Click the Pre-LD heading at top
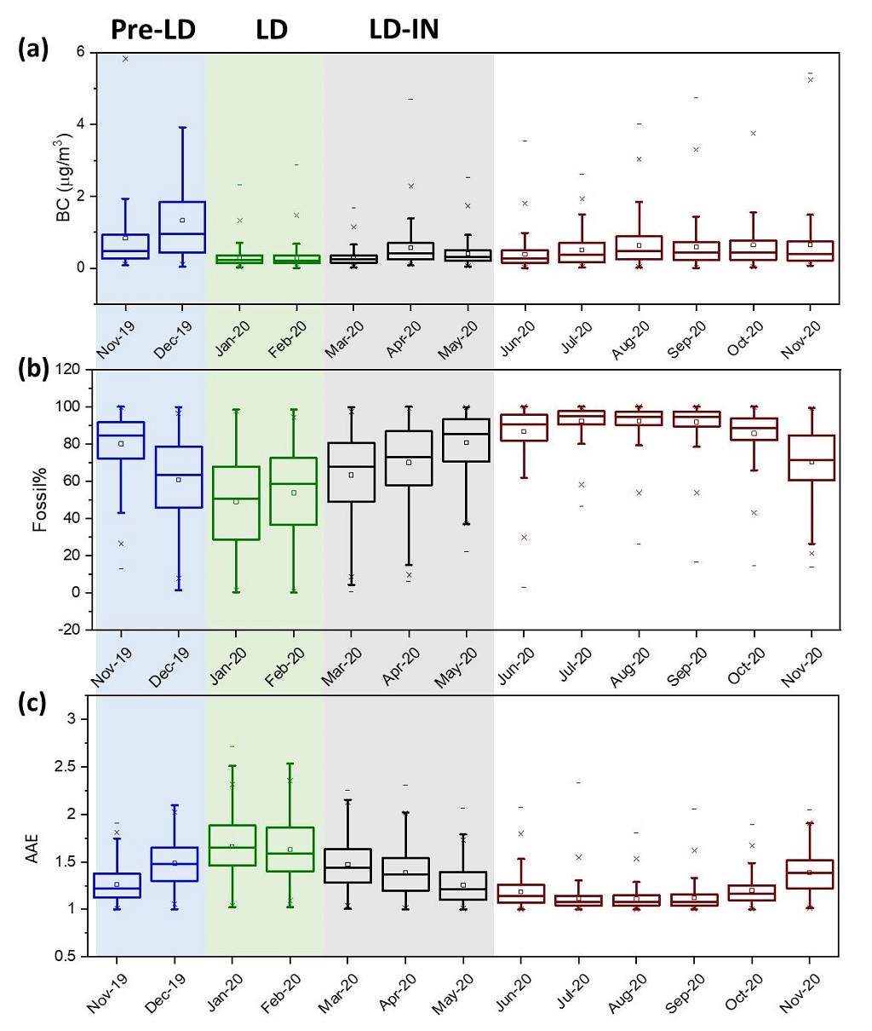tap(153, 30)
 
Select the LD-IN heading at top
tap(404, 30)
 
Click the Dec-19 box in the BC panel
tap(181, 227)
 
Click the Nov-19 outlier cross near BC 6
tap(125, 59)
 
